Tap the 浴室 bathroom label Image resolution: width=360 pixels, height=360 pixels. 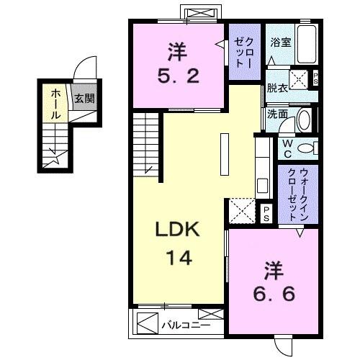pyautogui.click(x=280, y=42)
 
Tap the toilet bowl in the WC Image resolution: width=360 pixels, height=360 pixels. pyautogui.click(x=307, y=148)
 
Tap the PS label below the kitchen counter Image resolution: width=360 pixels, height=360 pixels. pyautogui.click(x=266, y=212)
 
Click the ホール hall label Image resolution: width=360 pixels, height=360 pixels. pyautogui.click(x=55, y=103)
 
